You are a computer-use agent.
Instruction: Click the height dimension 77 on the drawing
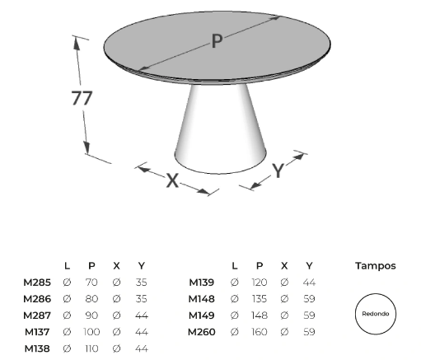[82, 98]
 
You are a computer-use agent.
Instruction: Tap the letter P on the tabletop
[217, 41]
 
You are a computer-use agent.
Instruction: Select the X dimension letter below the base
[172, 180]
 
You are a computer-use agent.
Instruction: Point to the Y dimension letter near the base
[278, 171]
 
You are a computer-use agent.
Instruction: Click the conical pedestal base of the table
[221, 129]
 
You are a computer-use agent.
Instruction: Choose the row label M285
[37, 283]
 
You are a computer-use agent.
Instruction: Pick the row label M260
[202, 332]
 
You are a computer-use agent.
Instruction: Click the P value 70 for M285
[91, 283]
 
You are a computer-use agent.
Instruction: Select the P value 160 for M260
[260, 332]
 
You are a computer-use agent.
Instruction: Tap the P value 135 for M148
[260, 299]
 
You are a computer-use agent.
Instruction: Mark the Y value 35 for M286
[141, 299]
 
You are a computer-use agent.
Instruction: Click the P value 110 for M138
[91, 348]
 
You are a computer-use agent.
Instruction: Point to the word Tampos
[376, 266]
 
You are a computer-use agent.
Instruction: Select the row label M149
[202, 316]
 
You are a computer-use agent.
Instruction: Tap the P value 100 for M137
[91, 332]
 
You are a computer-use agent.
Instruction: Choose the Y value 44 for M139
[309, 283]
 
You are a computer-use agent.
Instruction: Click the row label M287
[37, 316]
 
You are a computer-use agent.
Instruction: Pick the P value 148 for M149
[260, 316]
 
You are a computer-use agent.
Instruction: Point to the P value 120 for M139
[260, 283]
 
